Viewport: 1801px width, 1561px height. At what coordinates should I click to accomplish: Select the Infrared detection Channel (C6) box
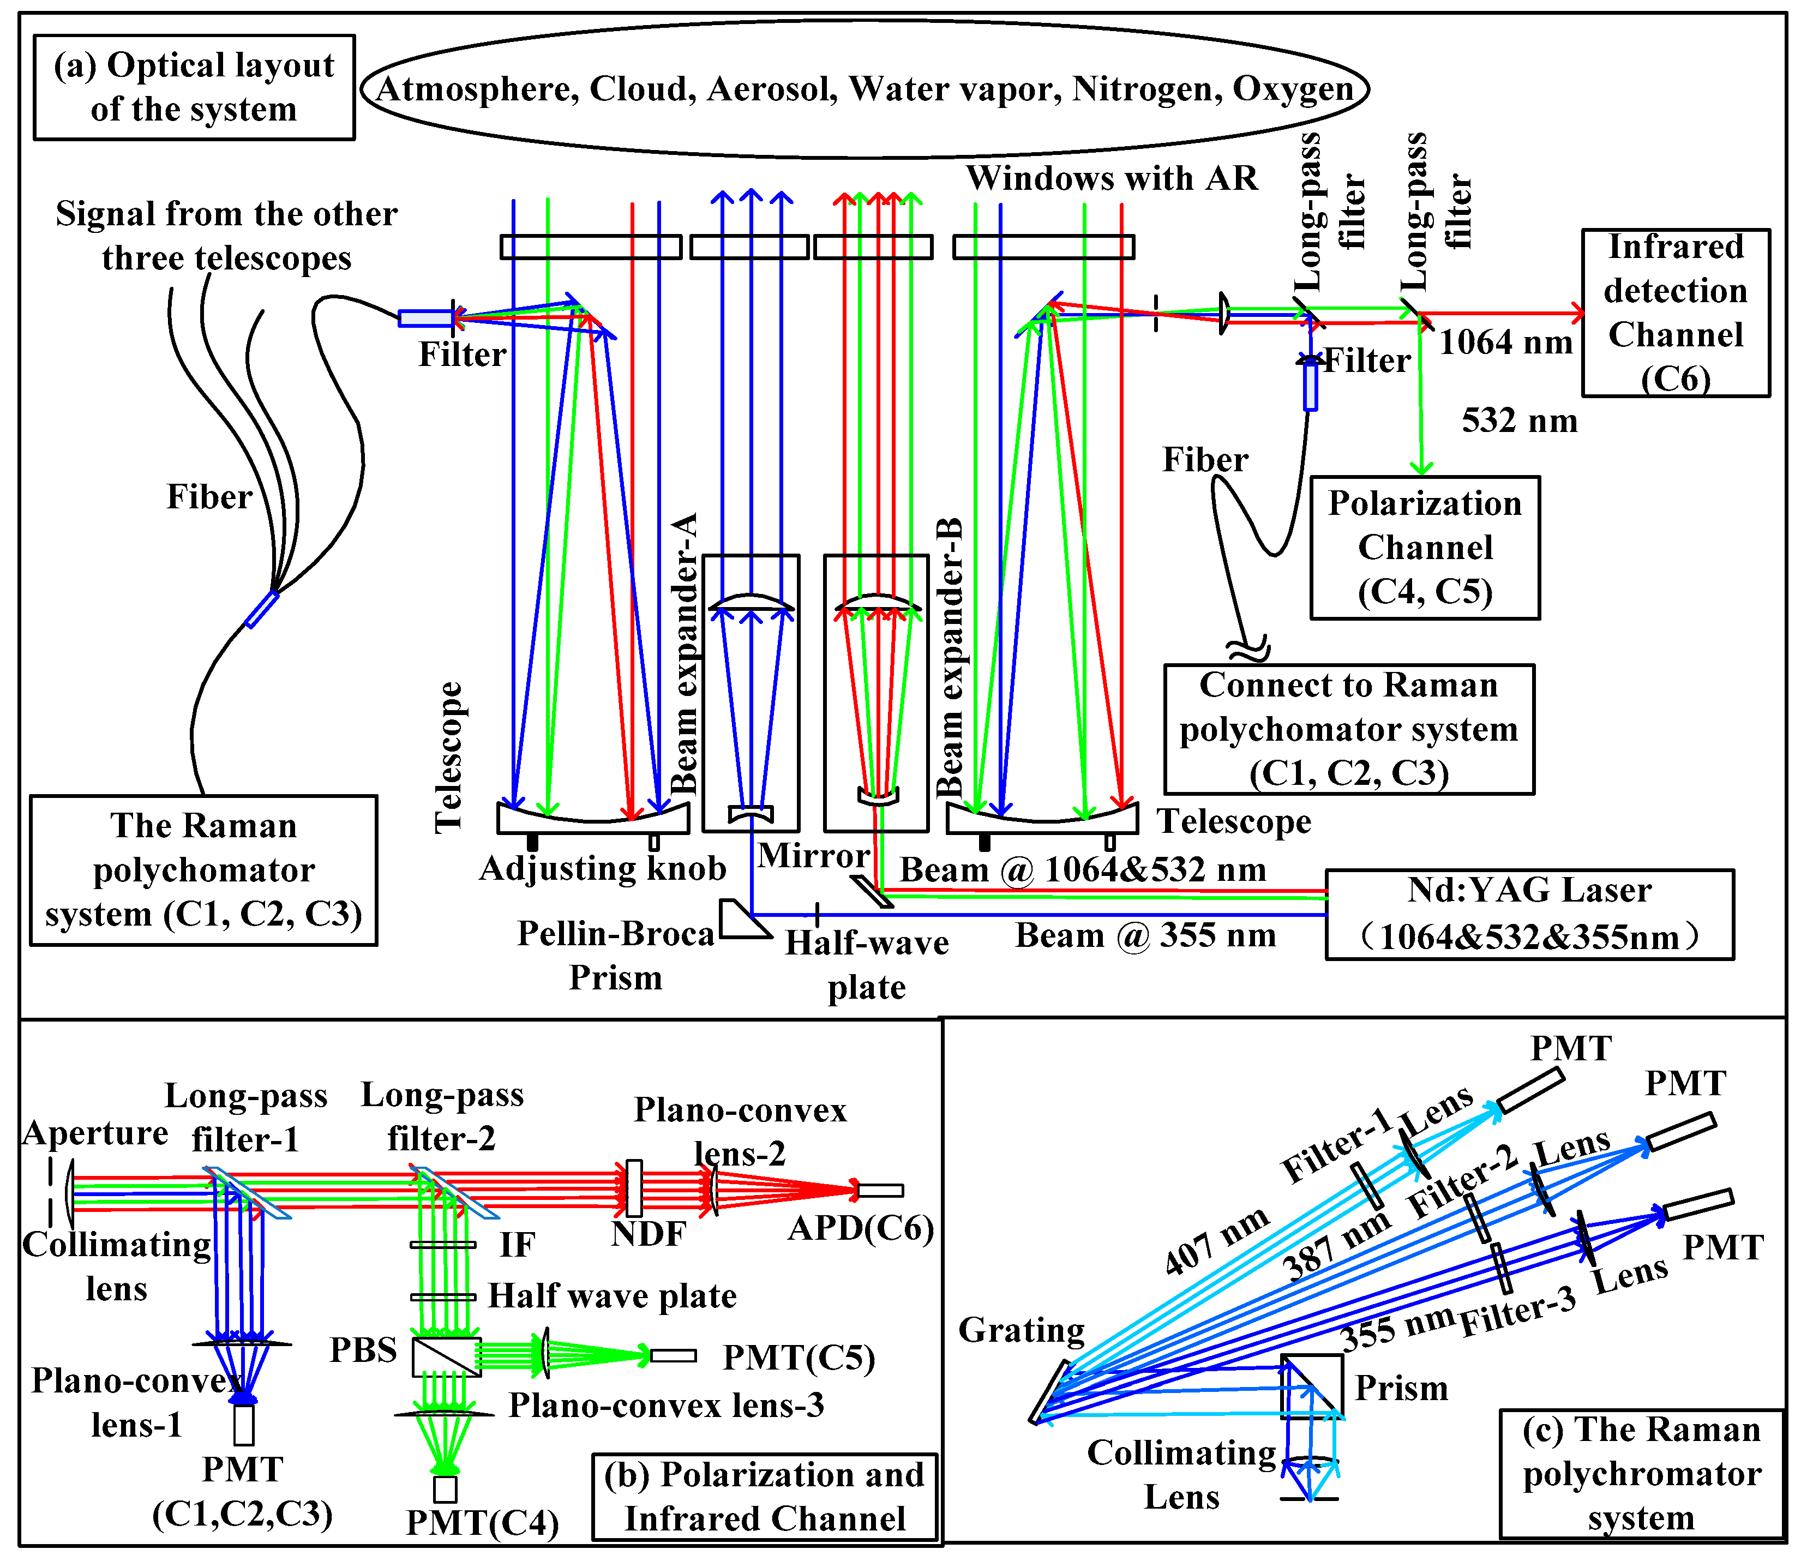[1674, 313]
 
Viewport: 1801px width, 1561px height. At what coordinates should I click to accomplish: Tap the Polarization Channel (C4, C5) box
[1424, 547]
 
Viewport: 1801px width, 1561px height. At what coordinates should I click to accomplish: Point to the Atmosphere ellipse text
[864, 89]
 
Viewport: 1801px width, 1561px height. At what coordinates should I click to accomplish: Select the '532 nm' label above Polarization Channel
[1519, 421]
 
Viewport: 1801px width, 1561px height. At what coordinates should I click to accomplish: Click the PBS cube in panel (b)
[446, 1356]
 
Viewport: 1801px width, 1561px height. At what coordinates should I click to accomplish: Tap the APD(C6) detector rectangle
[880, 1190]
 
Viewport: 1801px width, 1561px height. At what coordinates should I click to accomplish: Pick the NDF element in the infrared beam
[634, 1188]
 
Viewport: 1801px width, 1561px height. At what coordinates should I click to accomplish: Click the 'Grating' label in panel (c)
[1020, 1330]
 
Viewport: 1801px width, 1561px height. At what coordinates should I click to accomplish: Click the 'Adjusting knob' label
[603, 868]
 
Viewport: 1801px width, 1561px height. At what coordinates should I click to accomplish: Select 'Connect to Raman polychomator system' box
[1348, 729]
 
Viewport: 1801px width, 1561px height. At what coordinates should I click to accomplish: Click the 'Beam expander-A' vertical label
[686, 653]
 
